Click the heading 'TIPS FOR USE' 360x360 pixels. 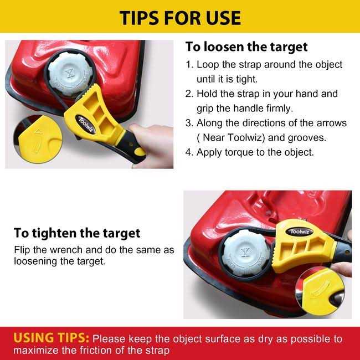tap(180, 18)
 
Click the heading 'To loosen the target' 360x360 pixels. tap(246, 47)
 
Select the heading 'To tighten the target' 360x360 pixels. tap(77, 234)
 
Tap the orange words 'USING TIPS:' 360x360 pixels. tap(51, 338)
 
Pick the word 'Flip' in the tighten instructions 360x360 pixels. tap(22, 250)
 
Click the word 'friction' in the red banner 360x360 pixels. tap(102, 351)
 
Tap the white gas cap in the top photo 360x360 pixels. tap(70, 74)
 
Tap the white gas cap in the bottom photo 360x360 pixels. tap(246, 253)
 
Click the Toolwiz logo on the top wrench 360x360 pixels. tap(86, 124)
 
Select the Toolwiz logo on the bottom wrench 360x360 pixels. tap(299, 232)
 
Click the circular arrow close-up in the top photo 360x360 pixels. tap(38, 140)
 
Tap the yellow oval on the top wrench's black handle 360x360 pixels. tap(140, 152)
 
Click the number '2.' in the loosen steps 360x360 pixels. tap(189, 94)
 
